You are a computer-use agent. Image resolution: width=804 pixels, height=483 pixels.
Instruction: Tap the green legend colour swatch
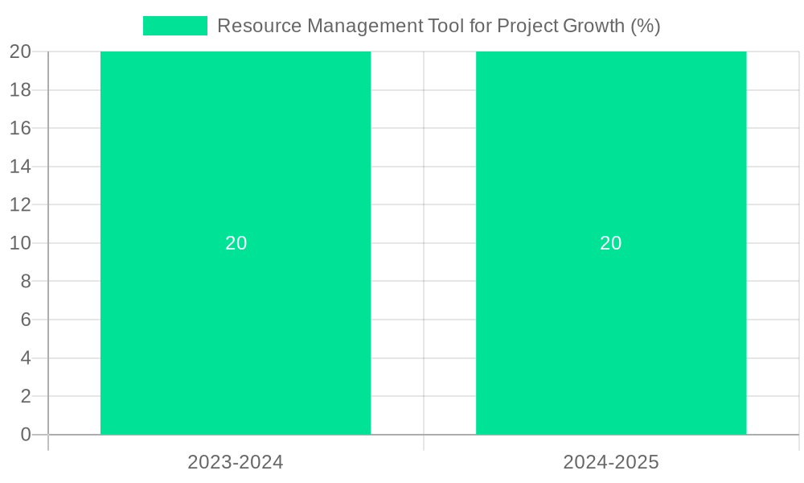(174, 26)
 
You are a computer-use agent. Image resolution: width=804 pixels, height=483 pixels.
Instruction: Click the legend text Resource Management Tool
(354, 26)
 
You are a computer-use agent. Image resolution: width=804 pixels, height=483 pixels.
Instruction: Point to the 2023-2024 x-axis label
(236, 462)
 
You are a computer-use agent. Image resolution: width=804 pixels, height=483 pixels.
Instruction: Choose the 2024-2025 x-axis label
(611, 462)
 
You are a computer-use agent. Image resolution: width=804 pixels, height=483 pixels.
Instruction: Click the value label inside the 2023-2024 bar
(236, 243)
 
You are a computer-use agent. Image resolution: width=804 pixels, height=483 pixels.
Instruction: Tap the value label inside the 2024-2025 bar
(611, 243)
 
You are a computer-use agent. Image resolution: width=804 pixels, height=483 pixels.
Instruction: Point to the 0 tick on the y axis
(26, 435)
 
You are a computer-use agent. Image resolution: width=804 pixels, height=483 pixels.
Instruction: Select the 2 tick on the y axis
(26, 396)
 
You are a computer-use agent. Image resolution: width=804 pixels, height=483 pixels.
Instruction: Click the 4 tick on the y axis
(26, 358)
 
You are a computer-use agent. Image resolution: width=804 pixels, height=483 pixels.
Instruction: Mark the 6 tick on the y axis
(26, 320)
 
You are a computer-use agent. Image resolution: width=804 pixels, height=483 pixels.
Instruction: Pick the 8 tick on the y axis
(26, 282)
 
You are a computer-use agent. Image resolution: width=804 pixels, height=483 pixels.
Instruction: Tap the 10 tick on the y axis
(21, 243)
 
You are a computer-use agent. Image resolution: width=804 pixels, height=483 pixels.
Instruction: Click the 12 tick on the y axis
(21, 204)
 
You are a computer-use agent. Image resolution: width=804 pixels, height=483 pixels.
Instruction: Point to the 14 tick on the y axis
(21, 167)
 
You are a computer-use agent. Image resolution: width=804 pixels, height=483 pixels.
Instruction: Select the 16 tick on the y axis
(21, 128)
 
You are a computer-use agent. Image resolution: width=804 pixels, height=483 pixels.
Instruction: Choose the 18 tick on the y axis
(21, 90)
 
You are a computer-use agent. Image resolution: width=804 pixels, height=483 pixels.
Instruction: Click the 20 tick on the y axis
(21, 52)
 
